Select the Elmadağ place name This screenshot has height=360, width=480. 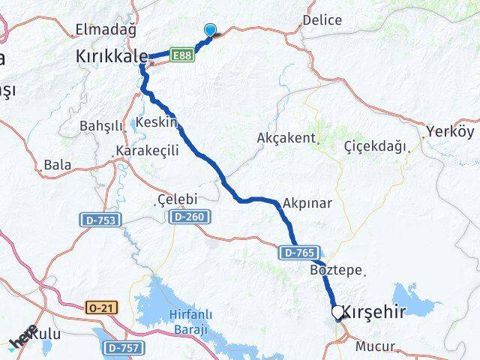105,30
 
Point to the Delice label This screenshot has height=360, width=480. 322,20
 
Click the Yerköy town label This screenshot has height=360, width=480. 449,132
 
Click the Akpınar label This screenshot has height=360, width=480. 307,202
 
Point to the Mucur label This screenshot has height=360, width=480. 373,346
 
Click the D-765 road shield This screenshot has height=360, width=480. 298,253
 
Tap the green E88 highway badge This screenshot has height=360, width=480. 182,55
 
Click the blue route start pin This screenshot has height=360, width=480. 211,30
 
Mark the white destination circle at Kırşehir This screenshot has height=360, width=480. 337,311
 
